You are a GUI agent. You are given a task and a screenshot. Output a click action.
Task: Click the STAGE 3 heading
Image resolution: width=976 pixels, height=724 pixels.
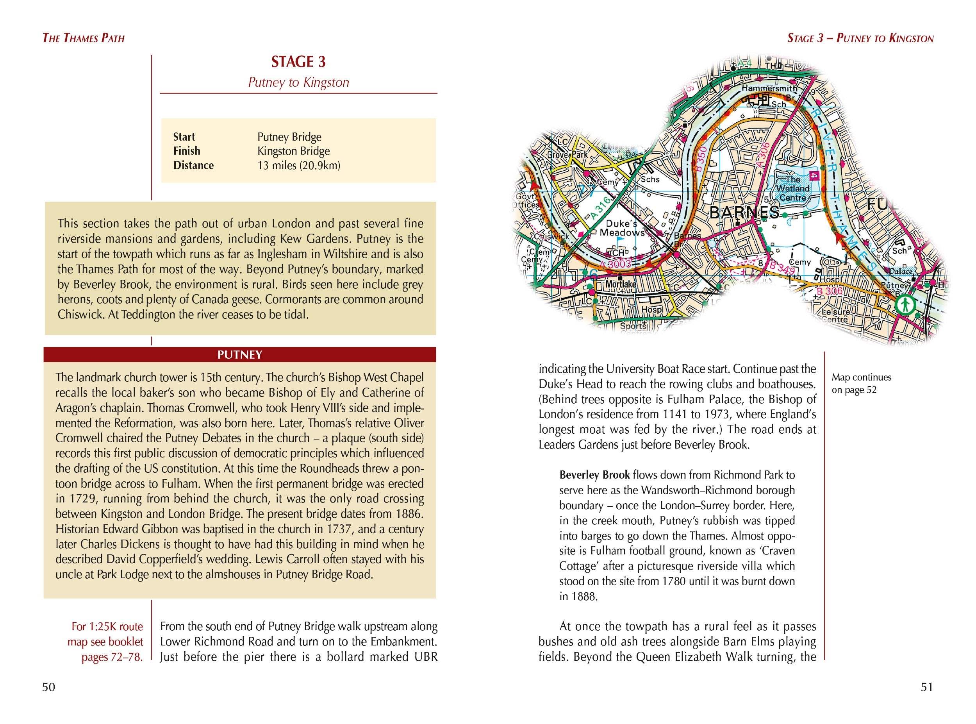point(298,62)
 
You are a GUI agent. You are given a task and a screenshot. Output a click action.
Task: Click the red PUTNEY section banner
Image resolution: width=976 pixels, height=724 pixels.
point(240,354)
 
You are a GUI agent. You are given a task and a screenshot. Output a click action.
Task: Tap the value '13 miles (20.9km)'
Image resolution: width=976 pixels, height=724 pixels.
point(298,166)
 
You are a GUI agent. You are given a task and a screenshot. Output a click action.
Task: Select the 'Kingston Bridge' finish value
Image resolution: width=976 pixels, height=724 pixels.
point(293,151)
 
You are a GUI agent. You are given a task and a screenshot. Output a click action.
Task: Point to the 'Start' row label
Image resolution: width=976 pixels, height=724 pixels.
point(184,137)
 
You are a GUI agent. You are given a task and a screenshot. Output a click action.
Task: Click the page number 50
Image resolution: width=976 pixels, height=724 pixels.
point(49,687)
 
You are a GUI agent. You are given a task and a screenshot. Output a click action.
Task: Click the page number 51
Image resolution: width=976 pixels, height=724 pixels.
point(926,687)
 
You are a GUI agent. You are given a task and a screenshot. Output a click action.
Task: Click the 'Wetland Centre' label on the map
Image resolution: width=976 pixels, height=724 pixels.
point(793,188)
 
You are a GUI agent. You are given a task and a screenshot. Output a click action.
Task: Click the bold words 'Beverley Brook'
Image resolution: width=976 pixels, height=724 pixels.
point(594,475)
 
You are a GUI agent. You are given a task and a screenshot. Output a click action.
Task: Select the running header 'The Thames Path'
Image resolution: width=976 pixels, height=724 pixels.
point(83,38)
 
